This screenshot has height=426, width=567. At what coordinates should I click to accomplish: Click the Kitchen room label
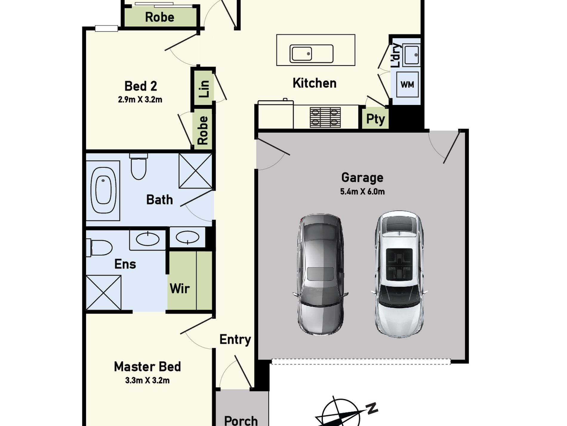coord(314,83)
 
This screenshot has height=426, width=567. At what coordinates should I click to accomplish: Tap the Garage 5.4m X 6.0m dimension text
coord(362,192)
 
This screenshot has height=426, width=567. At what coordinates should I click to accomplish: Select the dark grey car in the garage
coord(320,274)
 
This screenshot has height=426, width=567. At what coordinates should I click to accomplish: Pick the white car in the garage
coord(399,274)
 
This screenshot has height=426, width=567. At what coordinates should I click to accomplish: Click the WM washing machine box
coord(407,85)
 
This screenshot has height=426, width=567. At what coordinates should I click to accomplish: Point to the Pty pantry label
coord(375,119)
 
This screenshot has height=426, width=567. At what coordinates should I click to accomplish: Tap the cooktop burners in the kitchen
coord(325,117)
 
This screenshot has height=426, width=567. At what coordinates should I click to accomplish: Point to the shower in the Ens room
coord(104,293)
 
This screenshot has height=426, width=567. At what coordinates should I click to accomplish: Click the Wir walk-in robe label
coord(179,288)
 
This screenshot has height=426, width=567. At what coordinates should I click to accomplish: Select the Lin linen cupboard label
coord(204,89)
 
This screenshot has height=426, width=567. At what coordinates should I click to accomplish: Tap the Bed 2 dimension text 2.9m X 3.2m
coord(140,100)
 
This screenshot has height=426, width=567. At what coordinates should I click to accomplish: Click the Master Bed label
coord(147,367)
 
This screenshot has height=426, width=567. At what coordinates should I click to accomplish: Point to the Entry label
coord(235,340)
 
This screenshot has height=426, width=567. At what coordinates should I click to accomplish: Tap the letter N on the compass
coord(372,408)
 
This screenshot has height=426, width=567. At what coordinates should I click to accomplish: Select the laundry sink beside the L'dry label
coord(412,54)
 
